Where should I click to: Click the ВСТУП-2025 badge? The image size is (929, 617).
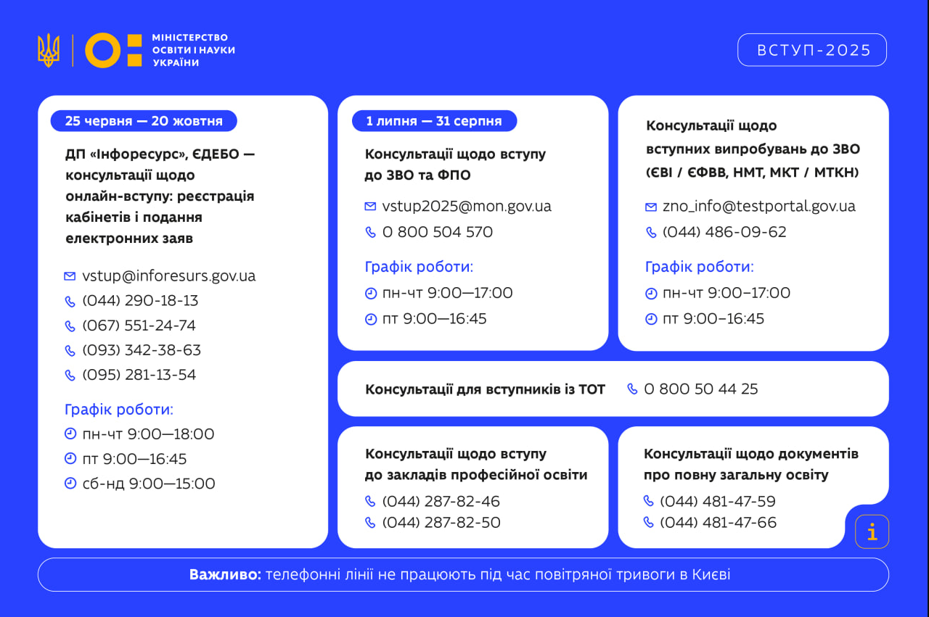pos(812,50)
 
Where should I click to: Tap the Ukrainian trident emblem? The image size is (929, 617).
pos(49,50)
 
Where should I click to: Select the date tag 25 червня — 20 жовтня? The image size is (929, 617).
pos(144,121)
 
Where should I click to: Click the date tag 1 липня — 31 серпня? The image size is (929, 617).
pos(434,121)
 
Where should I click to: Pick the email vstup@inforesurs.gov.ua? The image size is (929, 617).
pos(168,276)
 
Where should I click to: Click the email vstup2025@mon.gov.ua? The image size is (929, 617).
pos(467,207)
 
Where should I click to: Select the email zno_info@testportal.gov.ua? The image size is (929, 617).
pos(758,207)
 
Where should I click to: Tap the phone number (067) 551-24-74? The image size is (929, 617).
pos(139,326)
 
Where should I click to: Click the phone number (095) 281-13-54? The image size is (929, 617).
pos(139,375)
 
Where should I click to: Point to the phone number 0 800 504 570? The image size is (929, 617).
pos(437,232)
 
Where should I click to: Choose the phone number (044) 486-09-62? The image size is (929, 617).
pos(724,232)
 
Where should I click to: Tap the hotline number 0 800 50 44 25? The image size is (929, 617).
pos(700,389)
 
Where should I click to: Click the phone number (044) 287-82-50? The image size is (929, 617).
pos(441,523)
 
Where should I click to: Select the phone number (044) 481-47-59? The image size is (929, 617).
pos(717,502)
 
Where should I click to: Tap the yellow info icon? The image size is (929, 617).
pos(872,532)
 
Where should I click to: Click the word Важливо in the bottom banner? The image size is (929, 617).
pos(225,575)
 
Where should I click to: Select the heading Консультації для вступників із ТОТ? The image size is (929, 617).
pos(485,389)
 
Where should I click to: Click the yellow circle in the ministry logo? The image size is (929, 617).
pos(102,50)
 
